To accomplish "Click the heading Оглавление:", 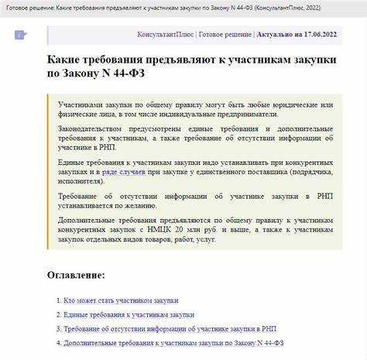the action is (76, 275).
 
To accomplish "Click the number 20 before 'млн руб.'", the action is (201, 229).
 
